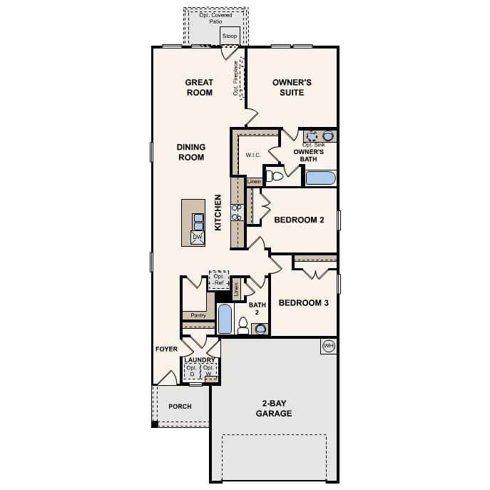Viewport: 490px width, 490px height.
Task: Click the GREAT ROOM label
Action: (x=199, y=87)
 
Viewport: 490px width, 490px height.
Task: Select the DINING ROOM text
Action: (x=191, y=152)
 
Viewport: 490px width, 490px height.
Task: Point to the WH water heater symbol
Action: (x=328, y=346)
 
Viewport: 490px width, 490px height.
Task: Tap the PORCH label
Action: (x=180, y=407)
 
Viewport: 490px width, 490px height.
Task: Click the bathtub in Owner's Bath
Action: (x=320, y=178)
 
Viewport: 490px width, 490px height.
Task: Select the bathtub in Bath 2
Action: (x=225, y=319)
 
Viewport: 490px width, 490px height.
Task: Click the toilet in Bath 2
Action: (x=243, y=326)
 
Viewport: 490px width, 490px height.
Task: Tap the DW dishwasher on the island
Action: (x=198, y=237)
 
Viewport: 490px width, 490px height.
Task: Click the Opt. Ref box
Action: (x=219, y=280)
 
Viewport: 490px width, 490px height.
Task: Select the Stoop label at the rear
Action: (x=230, y=35)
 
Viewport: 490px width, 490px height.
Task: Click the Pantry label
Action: (x=198, y=315)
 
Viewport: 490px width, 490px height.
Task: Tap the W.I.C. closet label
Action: (x=252, y=154)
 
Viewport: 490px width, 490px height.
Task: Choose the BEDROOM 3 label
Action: (x=303, y=303)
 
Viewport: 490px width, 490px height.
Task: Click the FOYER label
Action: (x=166, y=349)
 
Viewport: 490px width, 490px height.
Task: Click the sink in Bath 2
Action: (x=260, y=328)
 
